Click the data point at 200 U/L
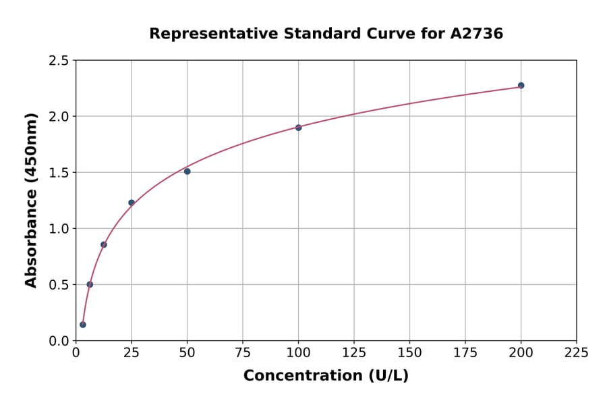(x=521, y=86)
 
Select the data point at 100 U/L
(x=298, y=128)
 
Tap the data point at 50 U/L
(x=187, y=171)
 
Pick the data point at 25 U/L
(x=132, y=203)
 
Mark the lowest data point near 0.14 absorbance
(x=83, y=325)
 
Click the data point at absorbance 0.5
(x=90, y=284)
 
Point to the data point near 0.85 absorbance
(x=103, y=244)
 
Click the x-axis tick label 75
(x=243, y=352)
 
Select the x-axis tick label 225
(x=576, y=352)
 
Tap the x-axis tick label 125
(x=354, y=352)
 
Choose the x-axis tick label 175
(x=465, y=352)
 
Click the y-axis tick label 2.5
(x=59, y=61)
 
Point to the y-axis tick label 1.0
(x=59, y=229)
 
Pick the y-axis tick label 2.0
(x=59, y=117)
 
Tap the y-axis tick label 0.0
(x=59, y=341)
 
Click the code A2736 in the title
(x=476, y=34)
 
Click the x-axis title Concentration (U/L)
(x=326, y=376)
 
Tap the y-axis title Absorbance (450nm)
(x=31, y=200)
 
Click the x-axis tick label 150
(x=409, y=352)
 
